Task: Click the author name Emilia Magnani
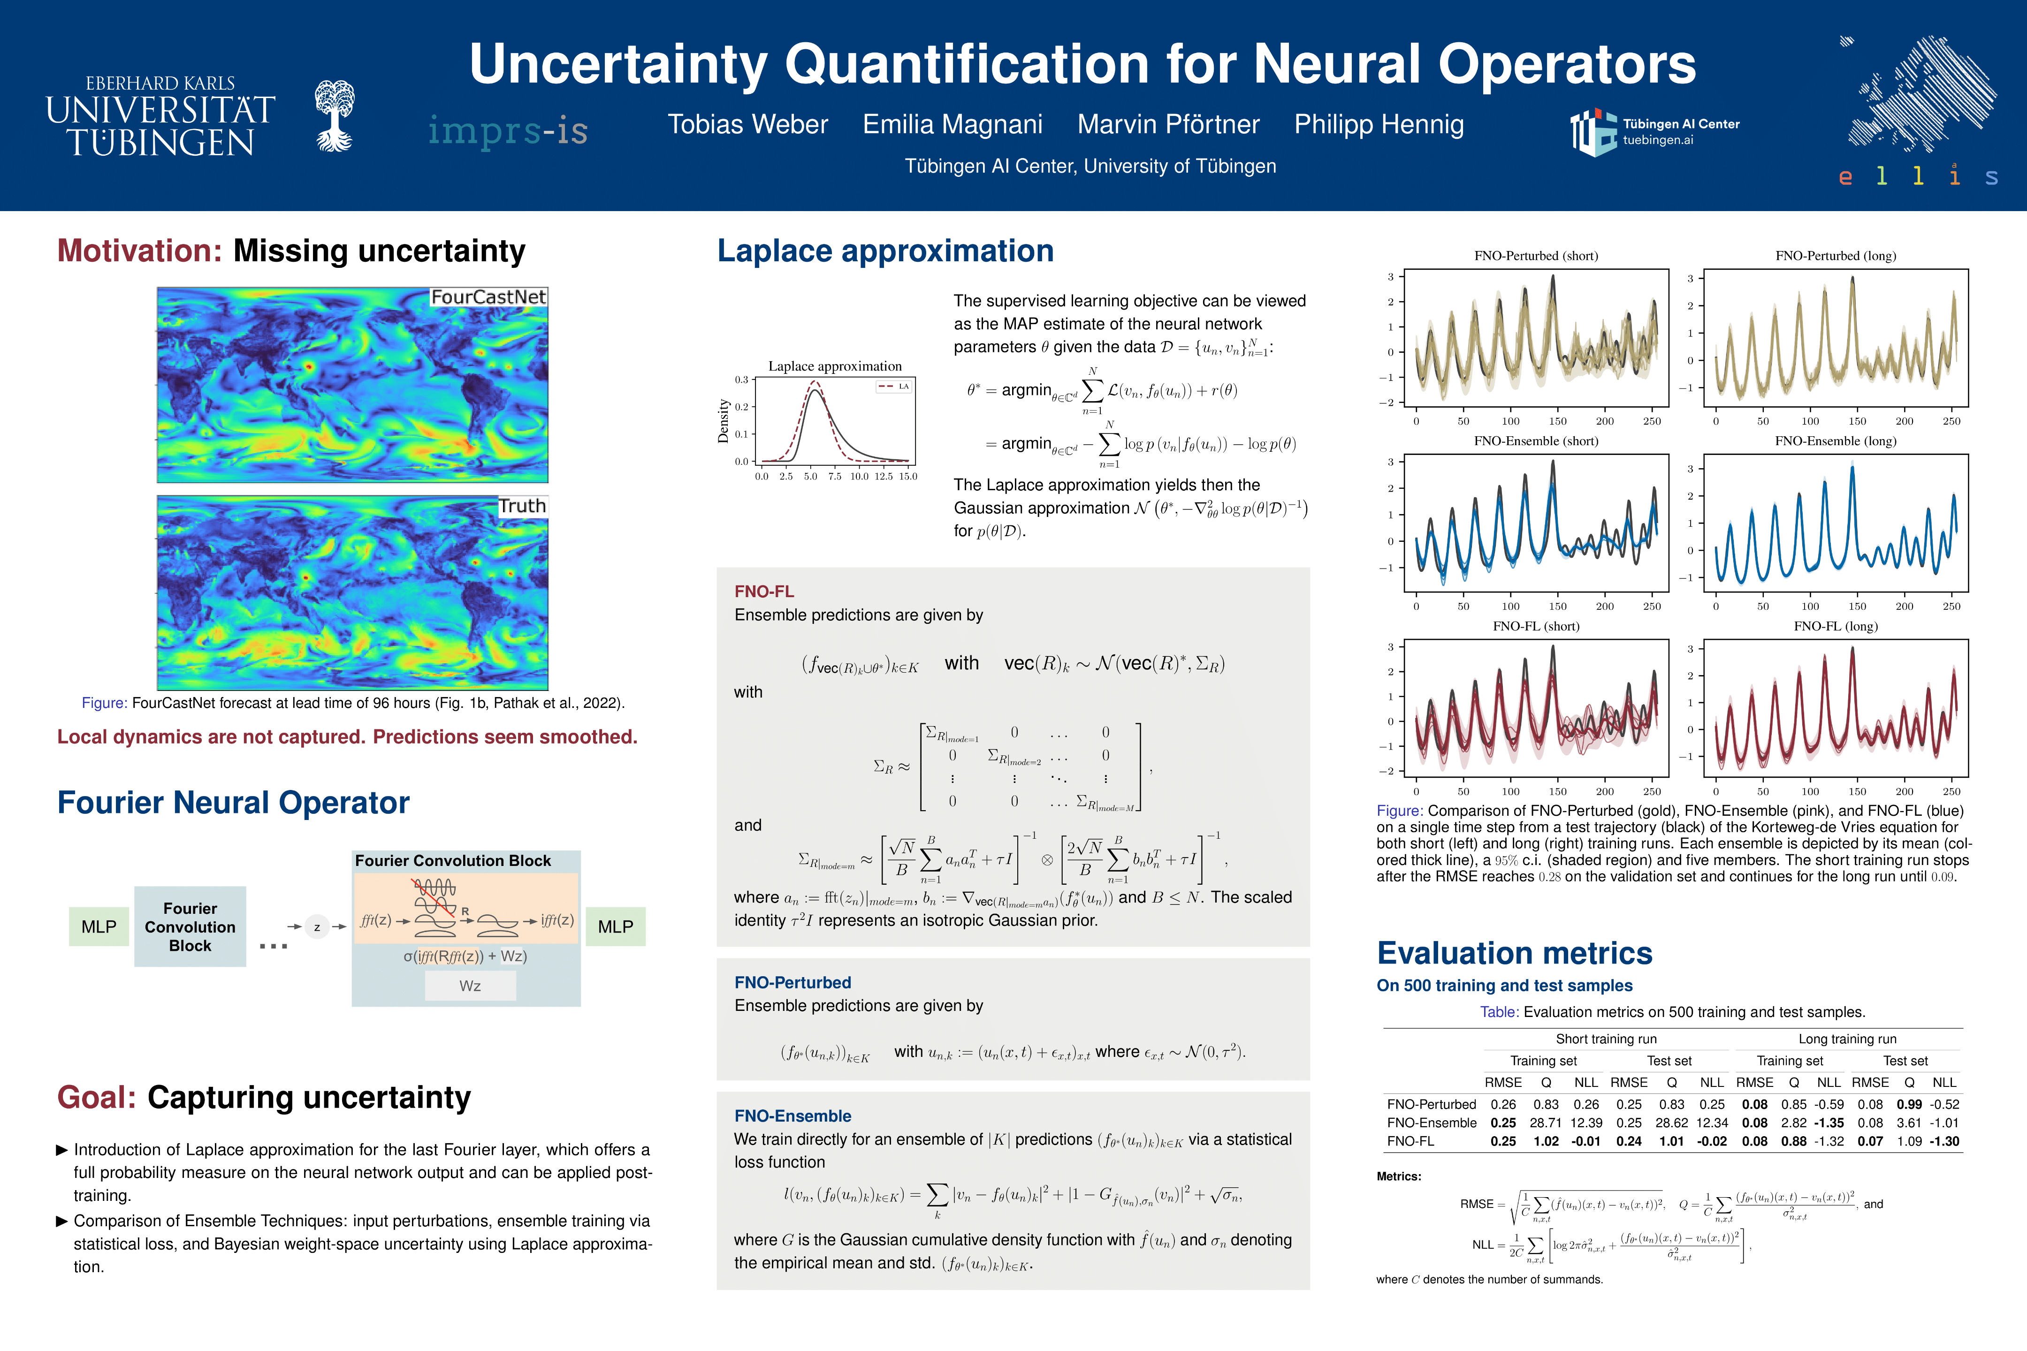pos(953,125)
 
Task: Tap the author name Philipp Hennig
pos(1379,125)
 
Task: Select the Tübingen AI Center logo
pos(1653,132)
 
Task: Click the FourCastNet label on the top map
pos(488,297)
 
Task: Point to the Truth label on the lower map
pos(522,506)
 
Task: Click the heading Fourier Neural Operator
pos(233,802)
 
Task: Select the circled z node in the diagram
pos(317,927)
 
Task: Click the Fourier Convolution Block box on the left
pos(190,927)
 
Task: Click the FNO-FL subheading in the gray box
pos(763,591)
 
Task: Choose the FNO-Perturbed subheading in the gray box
pos(792,982)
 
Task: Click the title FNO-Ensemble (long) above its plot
pos(1835,441)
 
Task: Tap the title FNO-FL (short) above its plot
pos(1536,626)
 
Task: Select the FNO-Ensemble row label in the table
pos(1432,1123)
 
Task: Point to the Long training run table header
pos(1847,1039)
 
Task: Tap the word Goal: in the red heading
pos(97,1098)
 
